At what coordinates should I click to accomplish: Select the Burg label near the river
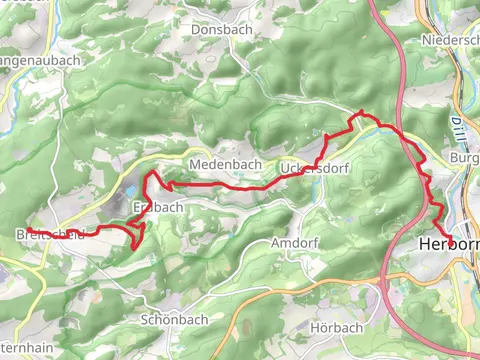(x=466, y=158)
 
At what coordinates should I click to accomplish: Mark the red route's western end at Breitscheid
(x=71, y=234)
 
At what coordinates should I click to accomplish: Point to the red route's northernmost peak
(x=361, y=111)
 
